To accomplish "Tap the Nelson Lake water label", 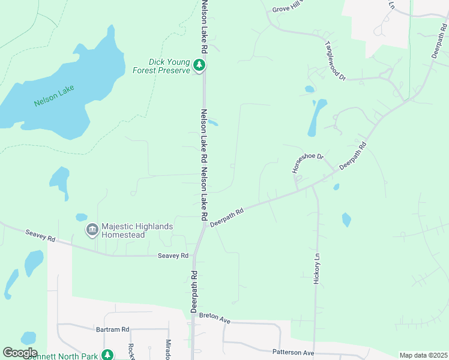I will point(54,96).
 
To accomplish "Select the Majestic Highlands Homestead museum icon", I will point(92,230).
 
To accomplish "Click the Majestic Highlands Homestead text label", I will point(137,230).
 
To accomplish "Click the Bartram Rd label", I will point(113,329).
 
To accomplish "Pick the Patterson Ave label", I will point(294,353).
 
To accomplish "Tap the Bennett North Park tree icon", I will point(107,355).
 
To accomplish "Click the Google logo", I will point(20,353).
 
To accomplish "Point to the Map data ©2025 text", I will point(423,355).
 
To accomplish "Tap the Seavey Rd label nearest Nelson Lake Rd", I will point(173,256).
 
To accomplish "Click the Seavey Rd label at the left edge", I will point(40,236).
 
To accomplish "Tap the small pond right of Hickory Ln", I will point(346,220).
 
